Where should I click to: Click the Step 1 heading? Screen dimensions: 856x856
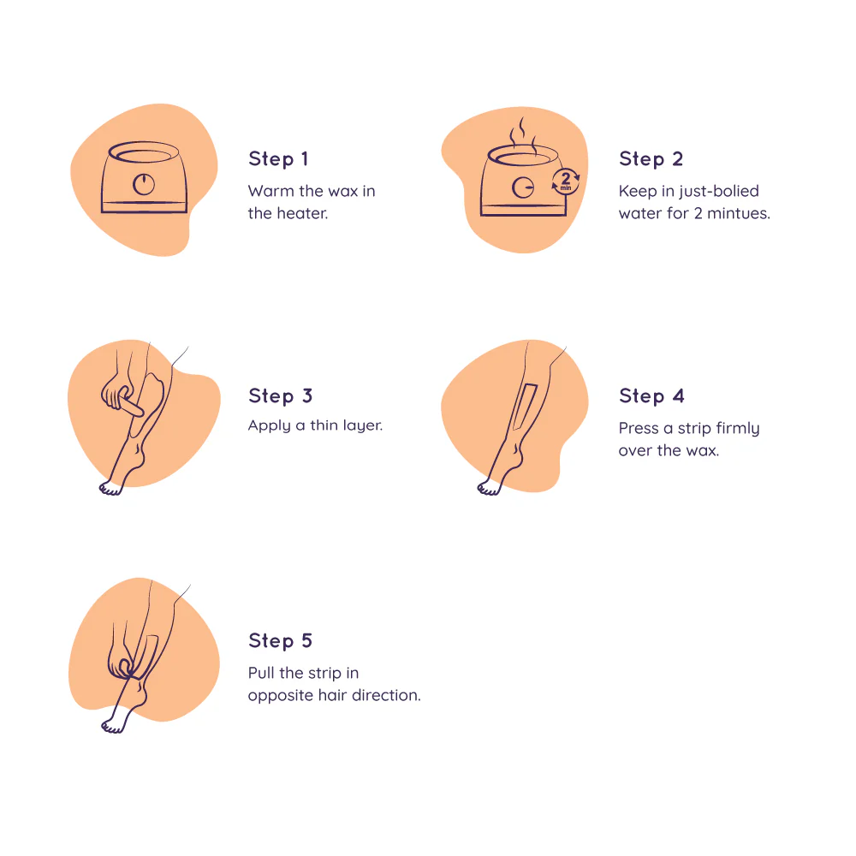278,159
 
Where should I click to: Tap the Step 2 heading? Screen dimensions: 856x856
651,159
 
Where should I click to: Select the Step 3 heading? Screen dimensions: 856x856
280,395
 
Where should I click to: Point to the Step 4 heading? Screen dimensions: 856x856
651,395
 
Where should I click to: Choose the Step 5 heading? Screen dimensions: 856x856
280,640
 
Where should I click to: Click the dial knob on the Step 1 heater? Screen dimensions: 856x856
144,185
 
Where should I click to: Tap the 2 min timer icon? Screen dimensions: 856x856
566,181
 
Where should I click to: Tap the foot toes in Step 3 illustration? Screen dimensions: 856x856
110,489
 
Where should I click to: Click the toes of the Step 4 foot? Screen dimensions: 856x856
489,489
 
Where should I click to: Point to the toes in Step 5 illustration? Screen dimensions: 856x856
113,727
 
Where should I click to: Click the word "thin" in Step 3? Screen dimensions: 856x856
324,425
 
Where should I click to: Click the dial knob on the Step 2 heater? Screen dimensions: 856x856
522,187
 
